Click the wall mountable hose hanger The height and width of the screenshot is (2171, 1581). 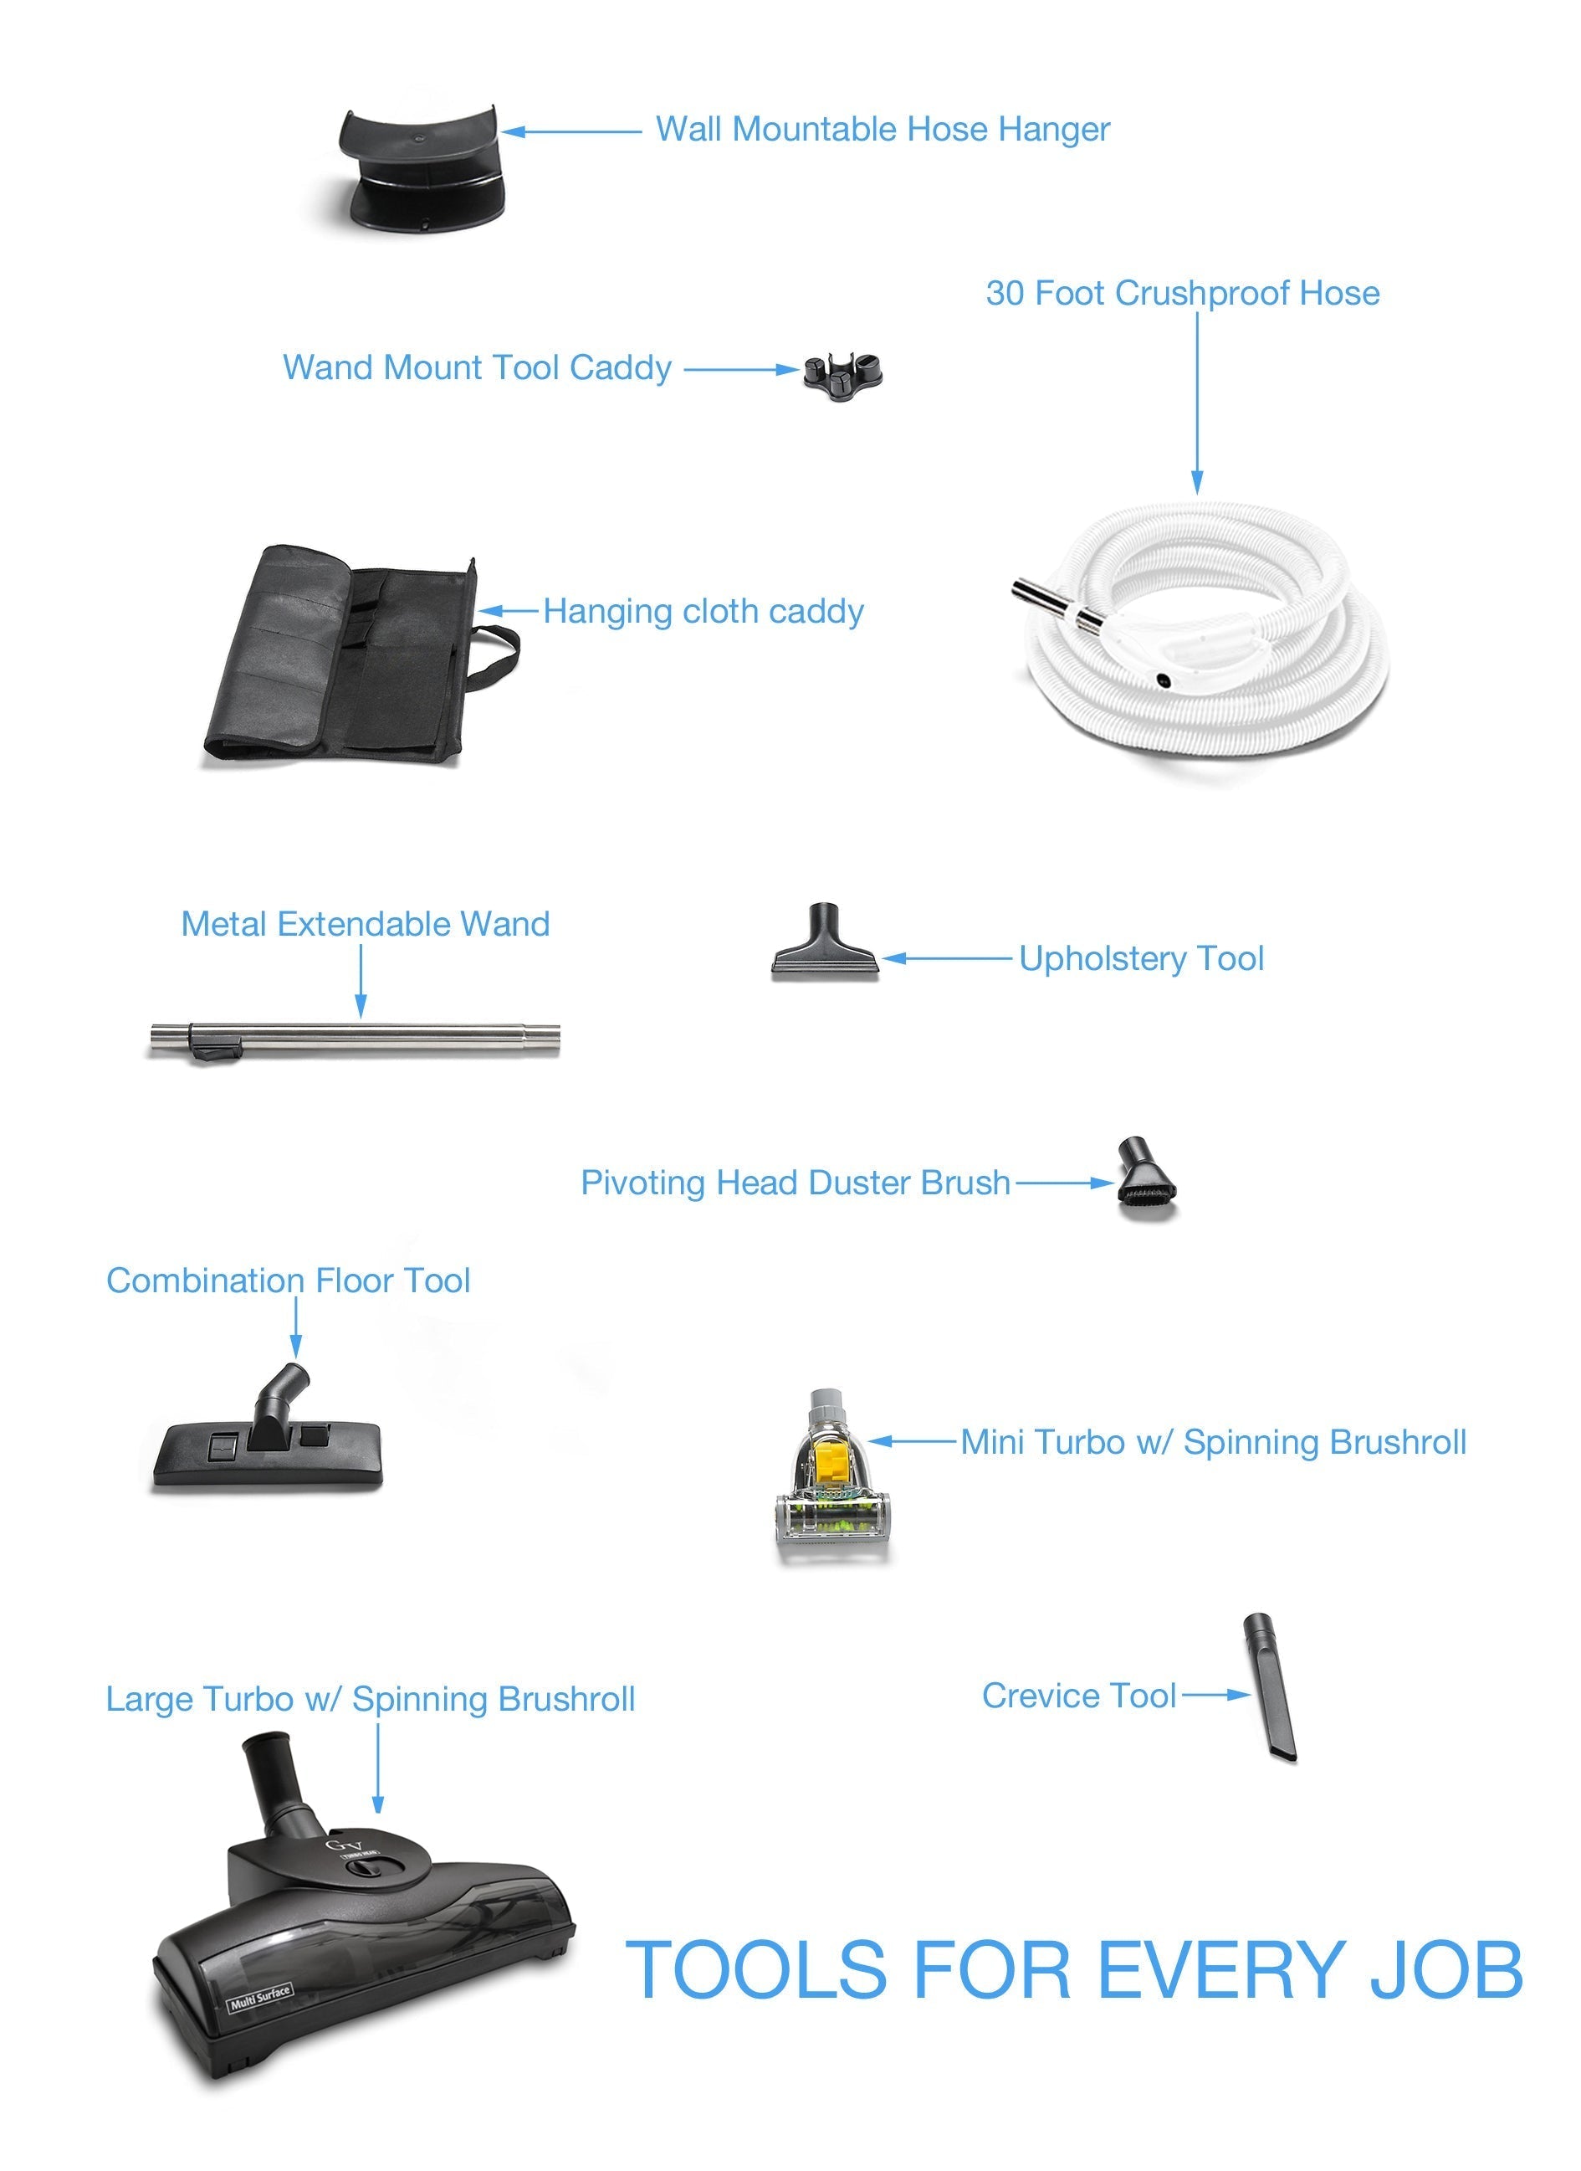[421, 168]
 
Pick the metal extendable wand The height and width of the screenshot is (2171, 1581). [354, 1039]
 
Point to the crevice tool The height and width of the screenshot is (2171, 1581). [1270, 1690]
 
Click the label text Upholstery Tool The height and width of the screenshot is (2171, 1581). [1141, 958]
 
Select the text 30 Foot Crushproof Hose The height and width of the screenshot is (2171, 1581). [1183, 293]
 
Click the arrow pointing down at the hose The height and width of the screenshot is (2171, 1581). [1196, 402]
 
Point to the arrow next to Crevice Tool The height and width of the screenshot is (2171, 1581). [1216, 1696]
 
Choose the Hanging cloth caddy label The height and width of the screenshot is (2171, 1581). [704, 611]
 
